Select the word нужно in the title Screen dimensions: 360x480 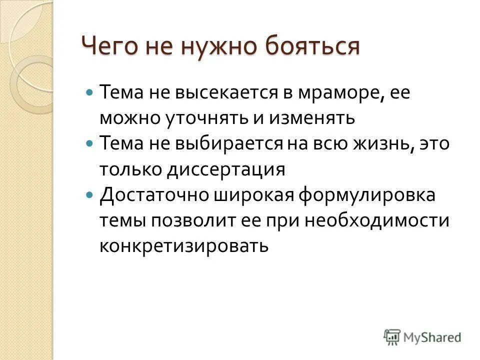click(214, 47)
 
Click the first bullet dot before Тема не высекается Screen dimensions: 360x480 click(90, 93)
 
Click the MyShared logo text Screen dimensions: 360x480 click(432, 337)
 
